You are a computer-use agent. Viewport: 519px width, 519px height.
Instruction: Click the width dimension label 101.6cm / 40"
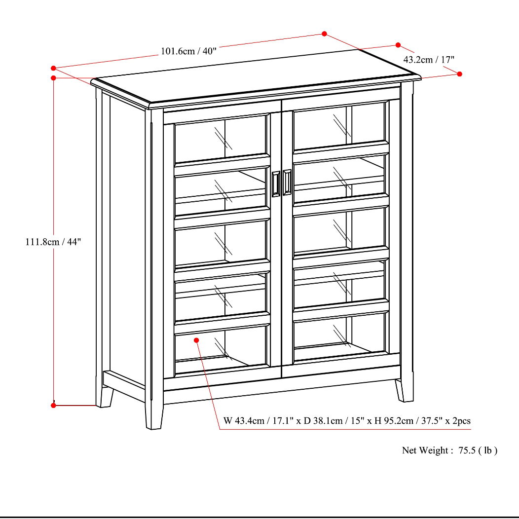188,51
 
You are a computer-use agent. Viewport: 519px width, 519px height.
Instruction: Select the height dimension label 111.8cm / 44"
53,242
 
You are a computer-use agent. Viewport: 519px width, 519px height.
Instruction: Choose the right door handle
287,183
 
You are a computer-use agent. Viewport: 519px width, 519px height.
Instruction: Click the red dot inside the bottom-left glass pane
196,340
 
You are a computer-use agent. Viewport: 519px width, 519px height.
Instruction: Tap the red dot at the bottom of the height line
53,405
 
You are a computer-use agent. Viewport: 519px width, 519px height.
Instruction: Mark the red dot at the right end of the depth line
459,74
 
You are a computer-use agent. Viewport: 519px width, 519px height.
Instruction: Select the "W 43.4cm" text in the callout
243,421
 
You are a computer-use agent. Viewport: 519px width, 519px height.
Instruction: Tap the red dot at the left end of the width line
53,68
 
